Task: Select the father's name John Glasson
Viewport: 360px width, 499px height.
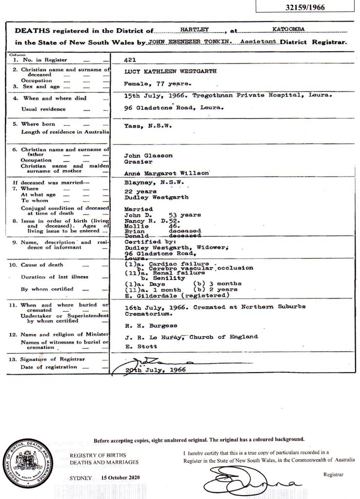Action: pos(145,155)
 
